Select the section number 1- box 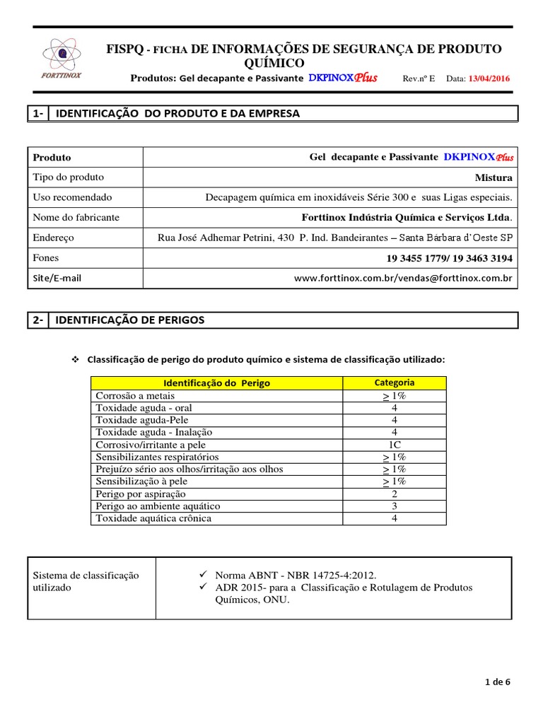(x=38, y=113)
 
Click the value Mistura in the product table (x=494, y=177)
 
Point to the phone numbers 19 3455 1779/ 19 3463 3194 (x=450, y=258)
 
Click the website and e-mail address (x=403, y=279)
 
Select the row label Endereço (x=54, y=238)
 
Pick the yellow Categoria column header (x=395, y=383)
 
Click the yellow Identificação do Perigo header (x=217, y=383)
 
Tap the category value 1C (x=395, y=445)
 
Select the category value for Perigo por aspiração (x=395, y=494)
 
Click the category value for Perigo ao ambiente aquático (x=395, y=506)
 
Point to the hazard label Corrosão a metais (x=137, y=396)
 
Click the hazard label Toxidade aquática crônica (x=153, y=518)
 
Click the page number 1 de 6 (x=497, y=682)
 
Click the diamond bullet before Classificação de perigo (x=76, y=360)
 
